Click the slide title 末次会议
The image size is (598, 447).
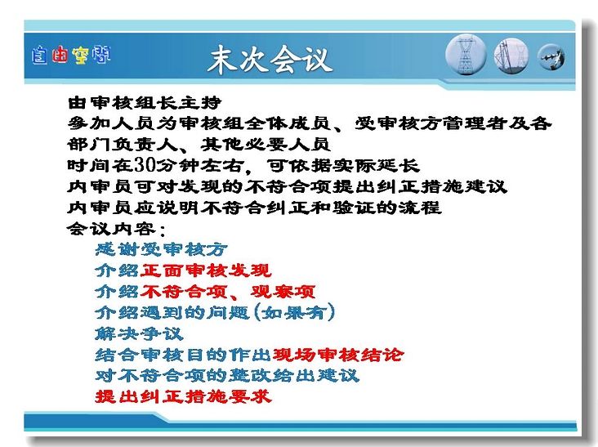tap(270, 59)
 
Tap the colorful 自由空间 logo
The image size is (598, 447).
tap(71, 55)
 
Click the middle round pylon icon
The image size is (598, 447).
tap(511, 56)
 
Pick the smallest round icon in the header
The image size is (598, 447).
tap(551, 57)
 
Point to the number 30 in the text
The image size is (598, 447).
tap(145, 165)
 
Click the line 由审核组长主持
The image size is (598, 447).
tap(145, 103)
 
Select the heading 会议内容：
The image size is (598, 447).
tap(116, 229)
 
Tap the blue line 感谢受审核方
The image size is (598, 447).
tap(161, 250)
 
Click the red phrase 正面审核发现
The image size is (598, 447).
tap(206, 270)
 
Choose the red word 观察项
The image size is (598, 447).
tap(283, 292)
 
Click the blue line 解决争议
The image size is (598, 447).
tap(139, 333)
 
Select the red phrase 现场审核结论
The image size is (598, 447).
tap(338, 355)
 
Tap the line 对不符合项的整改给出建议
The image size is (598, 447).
tap(227, 376)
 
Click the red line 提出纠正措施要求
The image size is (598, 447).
tap(184, 396)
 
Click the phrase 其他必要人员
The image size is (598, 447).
tap(266, 144)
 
